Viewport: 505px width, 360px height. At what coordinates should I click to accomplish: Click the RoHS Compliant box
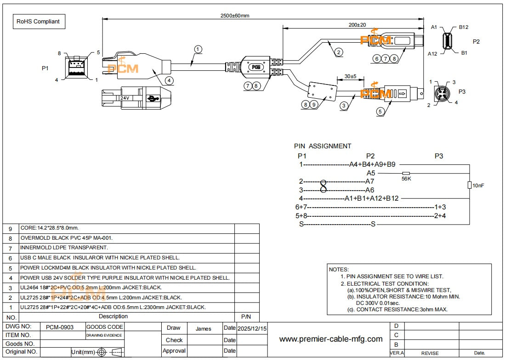tap(38, 21)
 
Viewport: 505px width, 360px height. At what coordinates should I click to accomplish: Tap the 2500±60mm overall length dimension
tap(235, 16)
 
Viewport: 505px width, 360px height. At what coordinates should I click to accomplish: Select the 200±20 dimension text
tap(357, 24)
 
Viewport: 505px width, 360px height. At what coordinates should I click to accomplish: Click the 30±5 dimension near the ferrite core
tap(350, 76)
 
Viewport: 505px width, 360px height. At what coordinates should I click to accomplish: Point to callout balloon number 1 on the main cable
tap(198, 49)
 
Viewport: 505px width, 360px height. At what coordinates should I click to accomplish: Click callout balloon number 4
tap(170, 80)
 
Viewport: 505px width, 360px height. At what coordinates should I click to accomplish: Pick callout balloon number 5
tap(380, 111)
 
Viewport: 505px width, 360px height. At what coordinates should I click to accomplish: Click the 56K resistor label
tap(406, 179)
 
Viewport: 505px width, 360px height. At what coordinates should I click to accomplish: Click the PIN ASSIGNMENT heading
tap(323, 146)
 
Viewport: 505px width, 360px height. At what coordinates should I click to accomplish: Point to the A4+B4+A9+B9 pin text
tap(372, 164)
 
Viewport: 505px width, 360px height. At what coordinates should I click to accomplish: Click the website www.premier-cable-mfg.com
tap(331, 339)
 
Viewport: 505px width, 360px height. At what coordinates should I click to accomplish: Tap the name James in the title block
tap(204, 329)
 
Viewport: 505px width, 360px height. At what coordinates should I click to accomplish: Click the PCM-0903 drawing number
tap(60, 327)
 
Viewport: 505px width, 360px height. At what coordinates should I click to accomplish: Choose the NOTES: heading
tap(339, 270)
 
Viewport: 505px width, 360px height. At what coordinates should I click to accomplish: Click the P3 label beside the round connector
tap(462, 92)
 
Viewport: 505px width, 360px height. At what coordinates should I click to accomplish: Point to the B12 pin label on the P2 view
tap(463, 28)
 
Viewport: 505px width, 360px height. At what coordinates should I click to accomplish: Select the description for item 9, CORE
tap(49, 228)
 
